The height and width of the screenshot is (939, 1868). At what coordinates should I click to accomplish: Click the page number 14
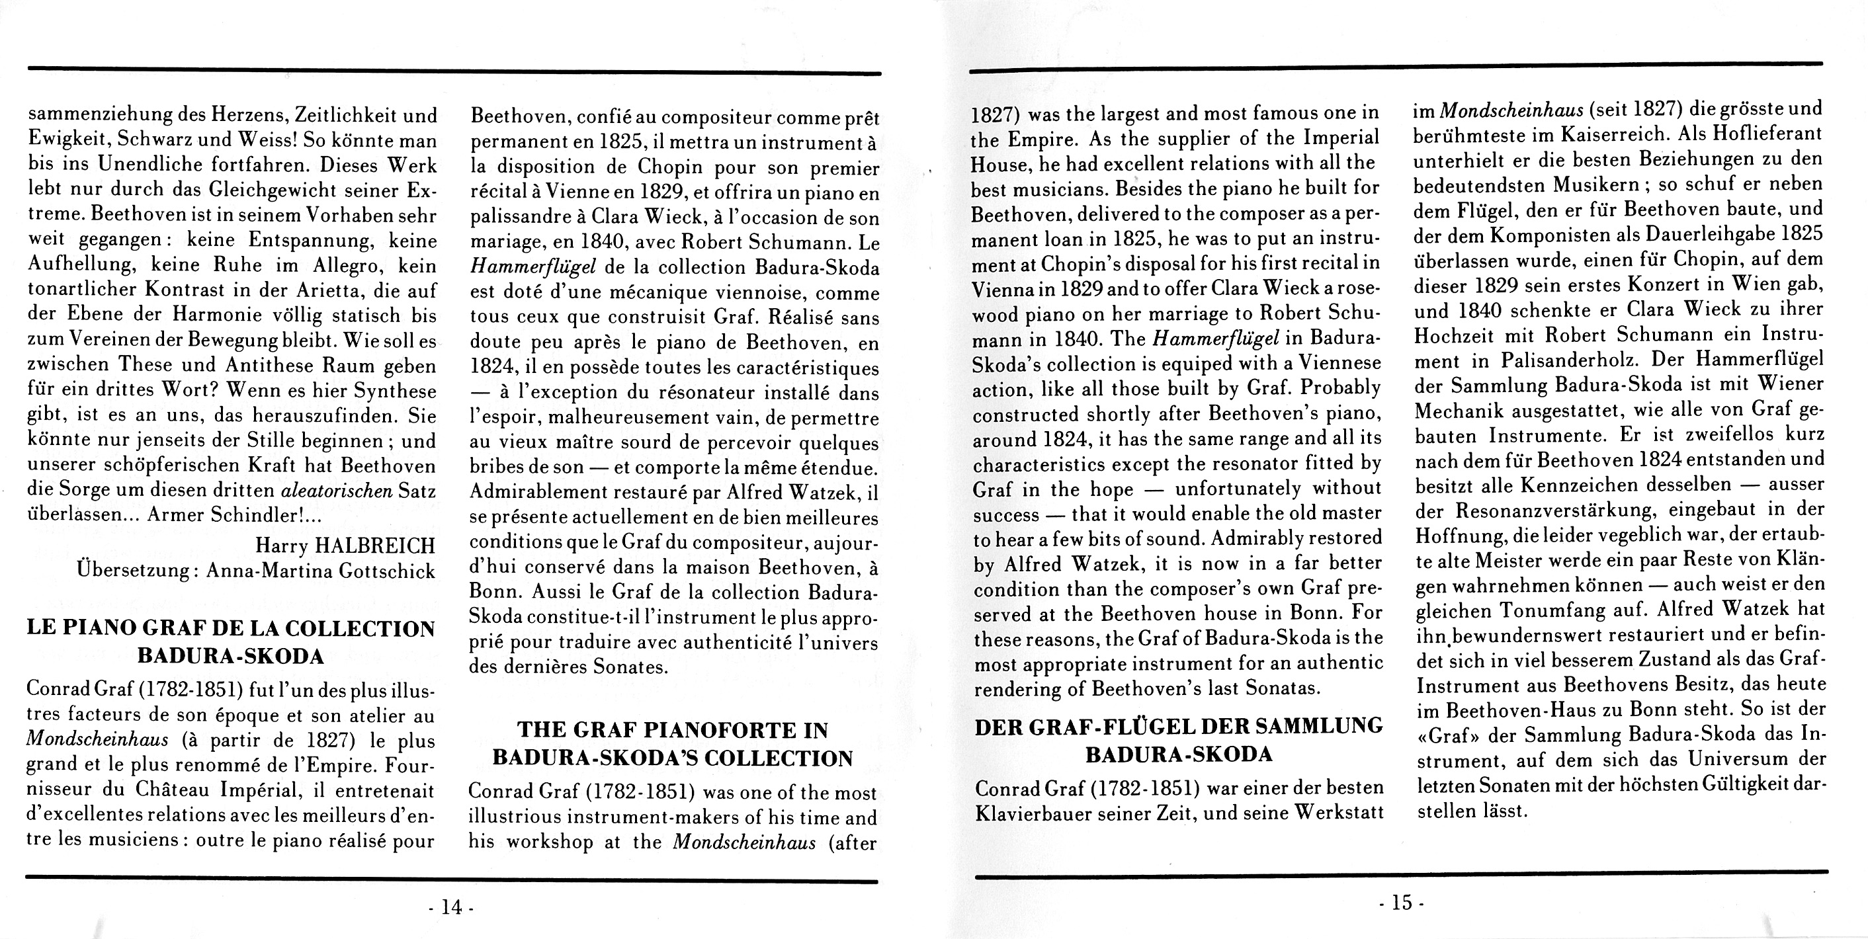coord(451,907)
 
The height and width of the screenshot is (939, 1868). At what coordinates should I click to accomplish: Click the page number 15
coord(1402,903)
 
